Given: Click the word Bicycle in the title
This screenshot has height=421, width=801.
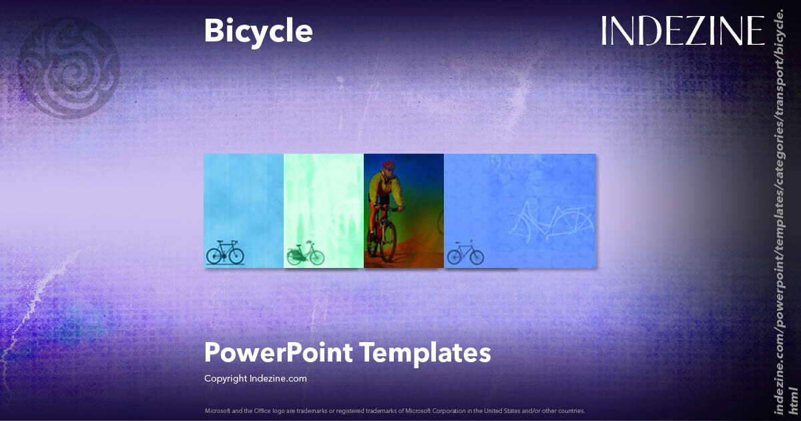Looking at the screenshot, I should tap(258, 31).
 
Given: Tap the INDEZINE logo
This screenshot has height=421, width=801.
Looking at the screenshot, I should tap(682, 31).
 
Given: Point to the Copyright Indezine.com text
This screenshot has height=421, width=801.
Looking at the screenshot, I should tap(255, 378).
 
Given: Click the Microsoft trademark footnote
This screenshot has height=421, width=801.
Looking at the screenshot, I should tap(394, 410).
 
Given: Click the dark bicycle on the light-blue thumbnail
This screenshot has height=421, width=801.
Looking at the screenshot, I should tap(225, 253).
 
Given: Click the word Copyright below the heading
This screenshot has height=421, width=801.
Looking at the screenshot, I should tap(226, 378).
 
